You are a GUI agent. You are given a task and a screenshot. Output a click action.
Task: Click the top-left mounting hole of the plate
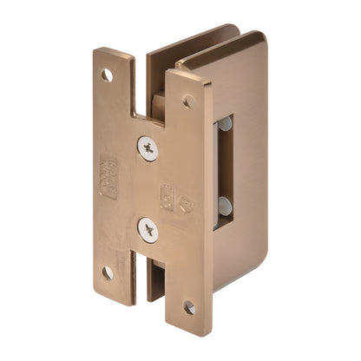point(107,75)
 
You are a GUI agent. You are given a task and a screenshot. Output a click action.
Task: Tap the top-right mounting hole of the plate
point(187,102)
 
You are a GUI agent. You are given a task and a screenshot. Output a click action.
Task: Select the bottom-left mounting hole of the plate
point(108,272)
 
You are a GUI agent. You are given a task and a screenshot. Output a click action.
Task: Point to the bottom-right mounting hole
point(187,306)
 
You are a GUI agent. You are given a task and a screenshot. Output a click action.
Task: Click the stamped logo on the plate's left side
point(108,173)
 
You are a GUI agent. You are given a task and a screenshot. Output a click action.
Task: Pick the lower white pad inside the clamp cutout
point(226,206)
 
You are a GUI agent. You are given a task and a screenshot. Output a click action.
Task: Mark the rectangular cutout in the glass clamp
point(224,165)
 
